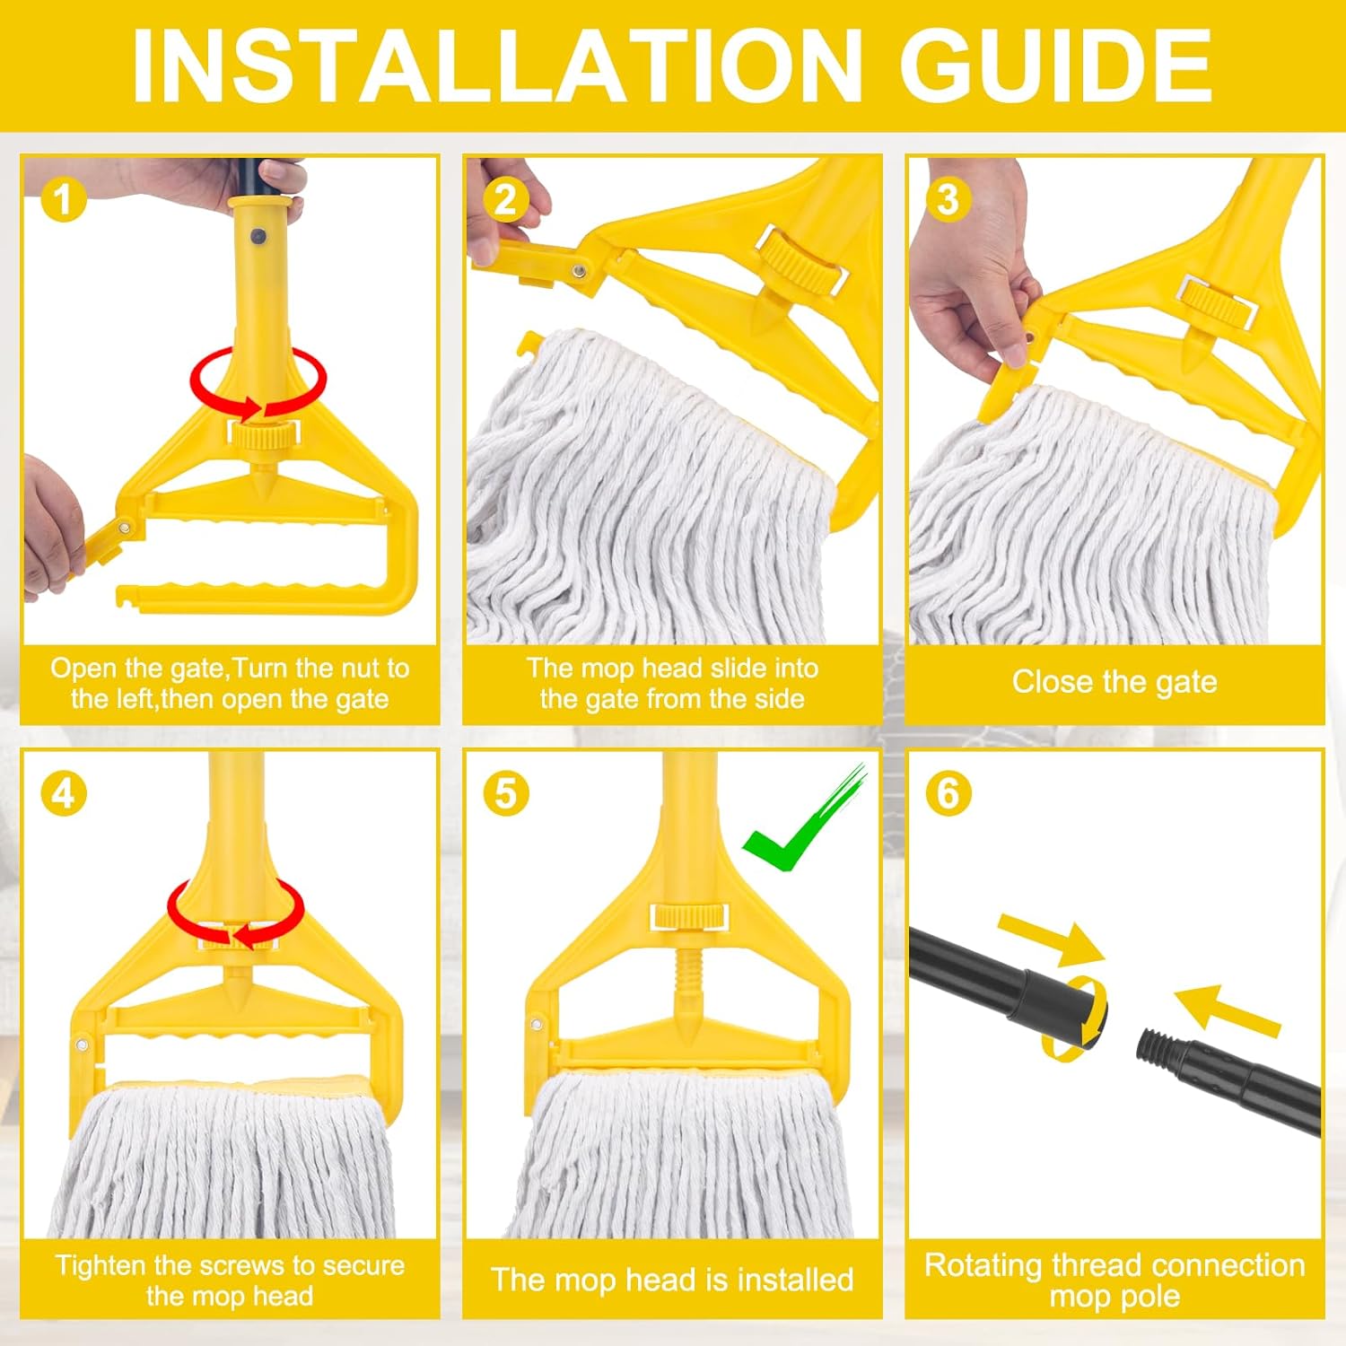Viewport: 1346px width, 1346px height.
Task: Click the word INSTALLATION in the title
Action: tap(497, 66)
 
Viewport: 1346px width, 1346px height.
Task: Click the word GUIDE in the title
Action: tap(1055, 66)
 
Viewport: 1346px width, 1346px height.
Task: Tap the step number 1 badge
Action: tap(63, 199)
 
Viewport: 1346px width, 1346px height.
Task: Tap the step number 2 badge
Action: tap(505, 199)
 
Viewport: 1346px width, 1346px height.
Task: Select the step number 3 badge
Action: tap(948, 199)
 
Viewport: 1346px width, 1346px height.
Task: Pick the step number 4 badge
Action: tap(63, 793)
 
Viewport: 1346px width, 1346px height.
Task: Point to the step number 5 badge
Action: tap(505, 793)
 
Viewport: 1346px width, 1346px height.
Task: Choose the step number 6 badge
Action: tap(948, 793)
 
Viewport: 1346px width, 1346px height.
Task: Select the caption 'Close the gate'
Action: tap(1114, 682)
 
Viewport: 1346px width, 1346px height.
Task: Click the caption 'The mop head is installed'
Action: tap(672, 1280)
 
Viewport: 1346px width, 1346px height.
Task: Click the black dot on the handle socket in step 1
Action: tap(258, 238)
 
